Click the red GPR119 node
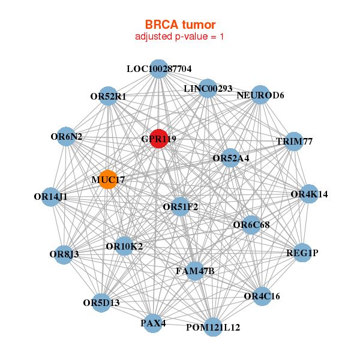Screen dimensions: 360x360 click(x=158, y=139)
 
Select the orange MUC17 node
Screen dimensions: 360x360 click(x=108, y=179)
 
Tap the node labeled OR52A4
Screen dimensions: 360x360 click(x=231, y=158)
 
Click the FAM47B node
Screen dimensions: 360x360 click(x=195, y=271)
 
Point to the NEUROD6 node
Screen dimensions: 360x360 click(x=260, y=95)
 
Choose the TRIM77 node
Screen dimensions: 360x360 click(x=294, y=142)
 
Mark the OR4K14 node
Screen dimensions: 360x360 click(x=309, y=194)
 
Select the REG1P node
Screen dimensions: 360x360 click(x=302, y=253)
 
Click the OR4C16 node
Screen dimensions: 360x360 click(x=262, y=296)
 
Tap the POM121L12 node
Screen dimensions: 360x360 click(x=213, y=327)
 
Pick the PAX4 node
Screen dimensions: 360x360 click(x=153, y=323)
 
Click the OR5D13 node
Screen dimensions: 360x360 click(x=102, y=302)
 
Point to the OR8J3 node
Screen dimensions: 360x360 click(x=64, y=254)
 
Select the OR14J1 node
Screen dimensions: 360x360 click(x=51, y=196)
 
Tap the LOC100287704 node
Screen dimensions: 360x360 click(x=158, y=69)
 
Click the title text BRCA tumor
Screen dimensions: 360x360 click(x=180, y=25)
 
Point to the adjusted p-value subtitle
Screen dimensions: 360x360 click(x=180, y=37)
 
